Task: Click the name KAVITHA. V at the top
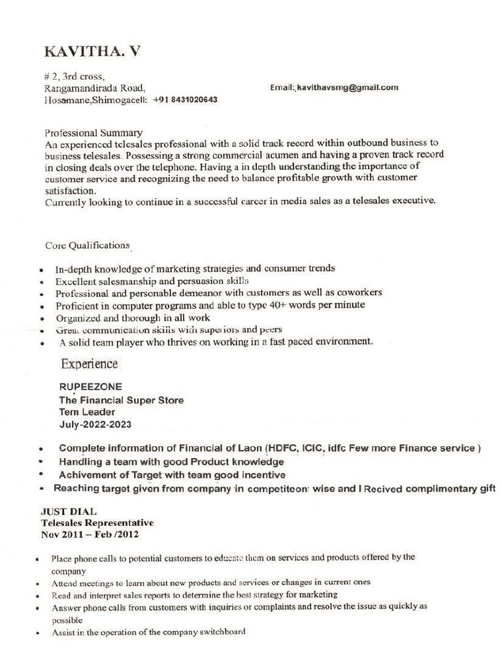(92, 52)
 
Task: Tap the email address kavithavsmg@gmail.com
(348, 88)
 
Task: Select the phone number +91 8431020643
(185, 101)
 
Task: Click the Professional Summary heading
(93, 132)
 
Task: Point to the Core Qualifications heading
(87, 246)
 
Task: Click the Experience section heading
(90, 364)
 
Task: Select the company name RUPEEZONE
(91, 387)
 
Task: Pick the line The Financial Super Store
(121, 400)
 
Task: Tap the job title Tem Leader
(87, 412)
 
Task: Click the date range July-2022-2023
(95, 425)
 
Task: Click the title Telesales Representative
(97, 523)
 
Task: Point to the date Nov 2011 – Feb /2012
(90, 534)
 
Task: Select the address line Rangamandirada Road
(95, 88)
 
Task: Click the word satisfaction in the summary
(70, 191)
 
